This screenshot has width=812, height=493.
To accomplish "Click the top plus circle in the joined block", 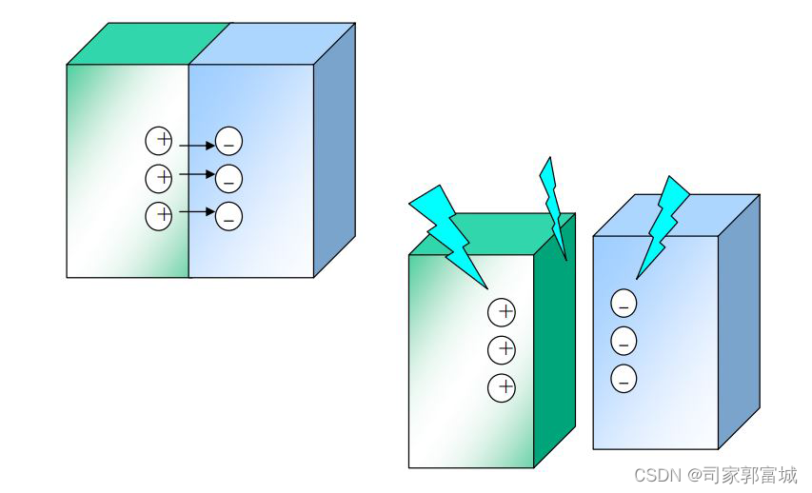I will [159, 141].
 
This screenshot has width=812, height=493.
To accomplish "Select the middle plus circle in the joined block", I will [159, 177].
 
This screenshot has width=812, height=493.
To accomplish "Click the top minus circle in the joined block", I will [229, 142].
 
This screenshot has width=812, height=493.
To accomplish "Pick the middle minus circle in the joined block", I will [229, 178].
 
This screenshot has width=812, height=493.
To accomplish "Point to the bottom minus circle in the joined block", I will [229, 216].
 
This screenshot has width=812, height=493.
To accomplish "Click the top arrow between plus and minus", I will [196, 146].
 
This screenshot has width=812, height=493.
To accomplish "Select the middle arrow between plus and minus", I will [196, 175].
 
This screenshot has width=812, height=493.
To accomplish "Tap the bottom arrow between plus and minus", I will [196, 211].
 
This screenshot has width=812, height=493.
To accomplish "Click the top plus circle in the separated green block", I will [502, 311].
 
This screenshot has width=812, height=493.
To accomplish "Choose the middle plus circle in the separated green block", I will [502, 349].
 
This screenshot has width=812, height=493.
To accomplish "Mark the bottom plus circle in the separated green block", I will [502, 387].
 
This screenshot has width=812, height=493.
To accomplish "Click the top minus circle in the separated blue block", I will [624, 305].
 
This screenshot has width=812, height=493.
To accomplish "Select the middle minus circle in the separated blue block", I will [624, 341].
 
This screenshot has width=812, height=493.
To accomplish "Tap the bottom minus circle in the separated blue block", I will [624, 378].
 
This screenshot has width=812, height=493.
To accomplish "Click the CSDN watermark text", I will [715, 474].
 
